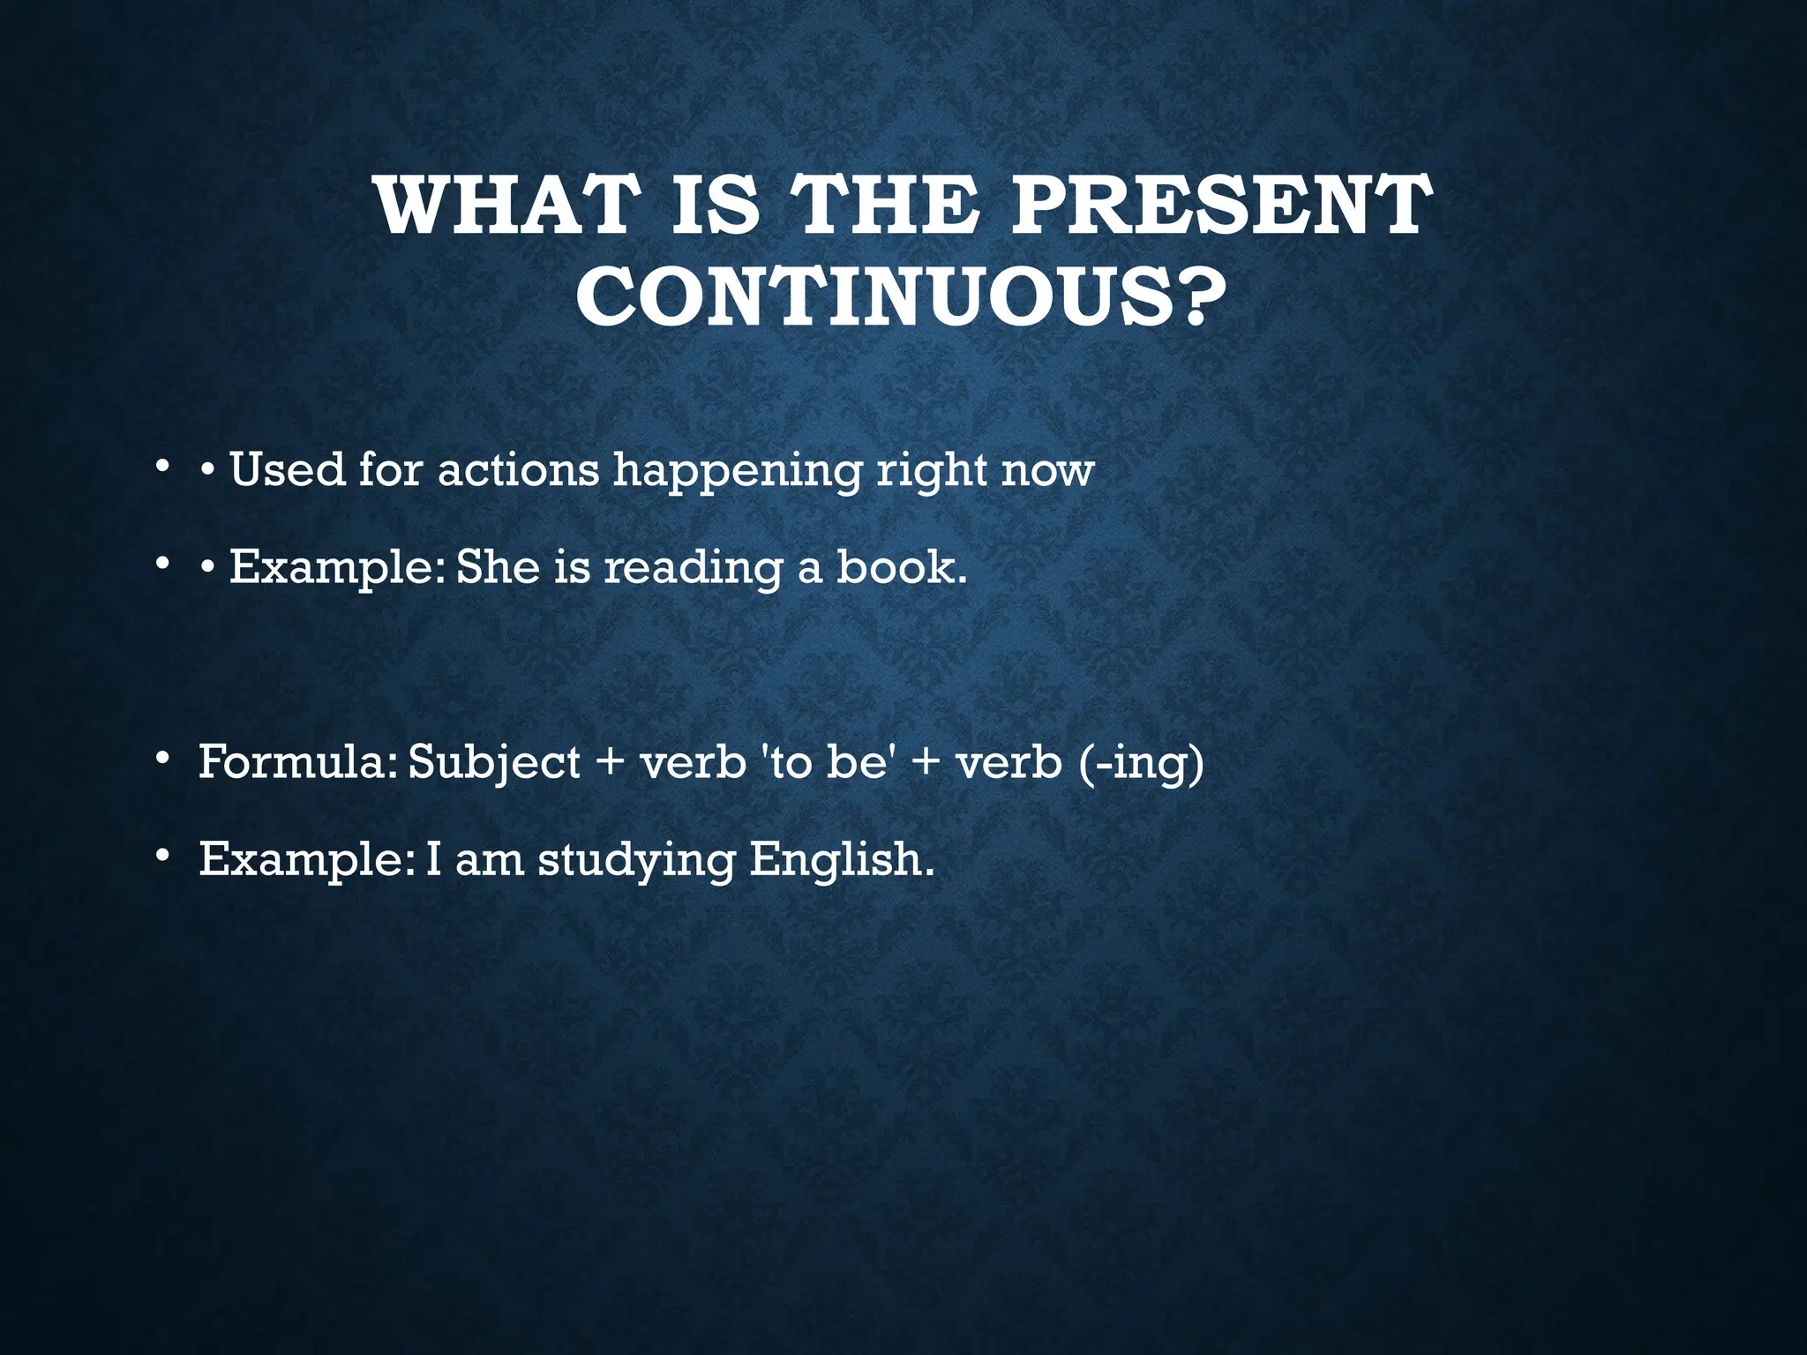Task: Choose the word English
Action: tap(841, 859)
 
